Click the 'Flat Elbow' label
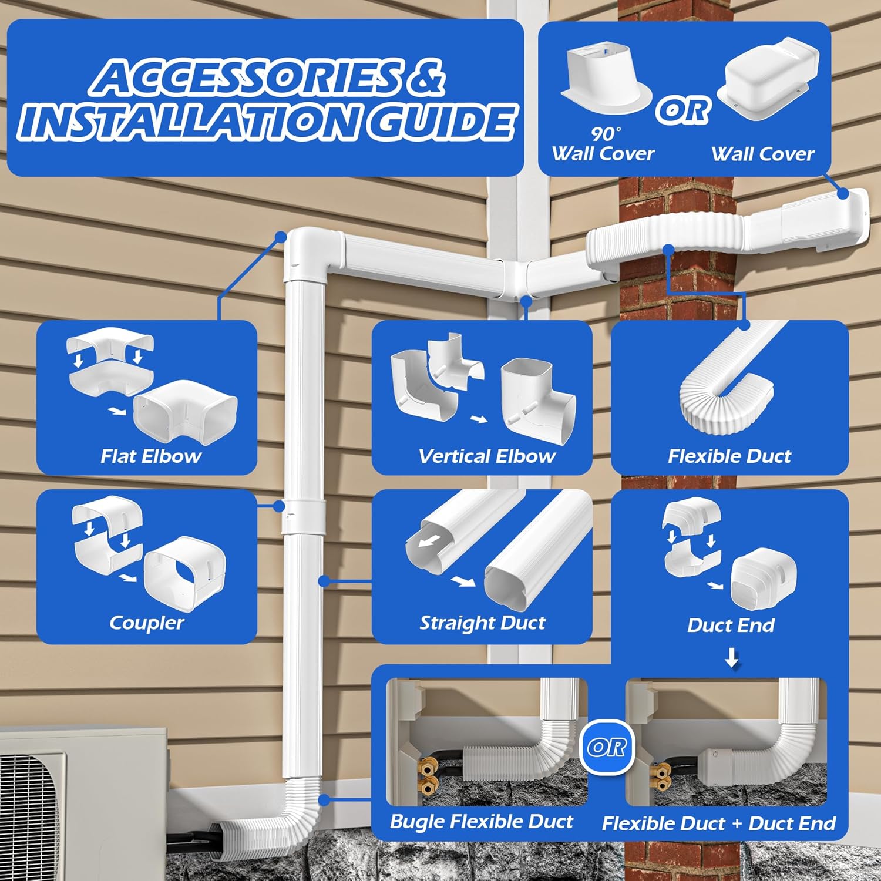150,456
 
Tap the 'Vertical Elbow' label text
486,456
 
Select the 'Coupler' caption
146,623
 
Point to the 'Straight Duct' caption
482,623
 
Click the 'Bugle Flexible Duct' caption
481,821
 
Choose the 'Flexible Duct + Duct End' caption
718,823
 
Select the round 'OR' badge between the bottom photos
607,747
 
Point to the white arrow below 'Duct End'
731,658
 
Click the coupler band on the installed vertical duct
303,517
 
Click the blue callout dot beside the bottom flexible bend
324,800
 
